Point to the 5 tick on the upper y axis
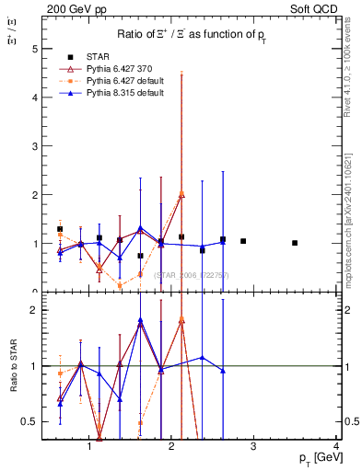[x=35, y=47]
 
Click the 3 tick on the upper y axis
[x=35, y=145]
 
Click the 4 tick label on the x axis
[x=336, y=447]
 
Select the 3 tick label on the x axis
[x=254, y=447]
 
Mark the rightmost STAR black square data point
[x=295, y=243]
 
